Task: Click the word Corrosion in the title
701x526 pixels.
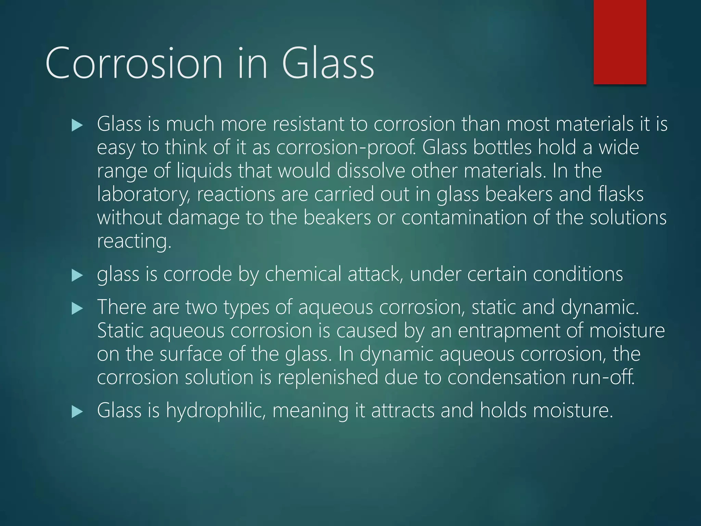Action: click(x=134, y=64)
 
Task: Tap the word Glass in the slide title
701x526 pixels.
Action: click(x=328, y=64)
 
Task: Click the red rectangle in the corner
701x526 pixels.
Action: click(x=620, y=42)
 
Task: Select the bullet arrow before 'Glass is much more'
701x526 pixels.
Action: click(x=77, y=126)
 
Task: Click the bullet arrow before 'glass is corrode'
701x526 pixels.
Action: click(x=77, y=275)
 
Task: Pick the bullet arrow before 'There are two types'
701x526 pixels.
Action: click(x=77, y=309)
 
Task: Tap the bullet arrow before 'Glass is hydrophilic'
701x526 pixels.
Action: click(x=77, y=412)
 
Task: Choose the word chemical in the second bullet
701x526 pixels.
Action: click(x=303, y=275)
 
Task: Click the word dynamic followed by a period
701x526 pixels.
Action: click(x=599, y=308)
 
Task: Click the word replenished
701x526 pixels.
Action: click(x=328, y=377)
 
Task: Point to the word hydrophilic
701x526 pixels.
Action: click(x=216, y=411)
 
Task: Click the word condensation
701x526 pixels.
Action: click(x=506, y=377)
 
